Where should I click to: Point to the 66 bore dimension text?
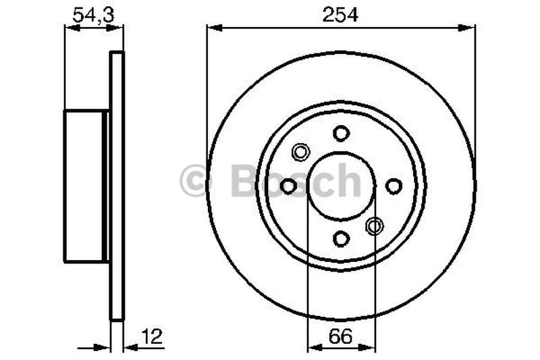point(341,334)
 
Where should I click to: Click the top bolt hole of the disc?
point(342,132)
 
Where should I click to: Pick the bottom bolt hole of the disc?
point(342,238)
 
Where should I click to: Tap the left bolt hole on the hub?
point(289,185)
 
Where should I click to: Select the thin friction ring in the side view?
point(117,185)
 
